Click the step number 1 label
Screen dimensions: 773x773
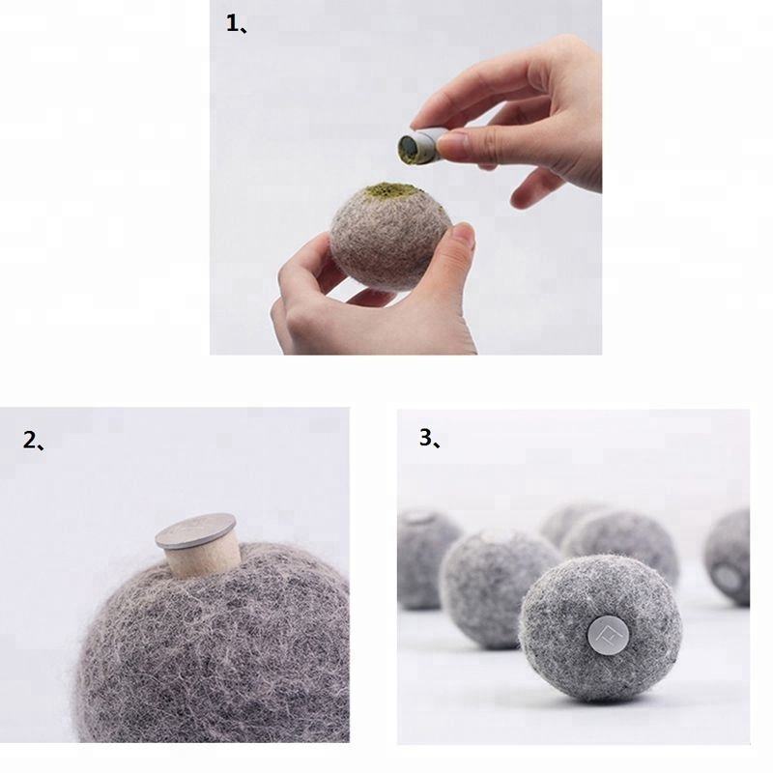coord(236,23)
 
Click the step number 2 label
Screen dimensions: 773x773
coord(33,440)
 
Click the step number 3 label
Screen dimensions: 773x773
coord(429,438)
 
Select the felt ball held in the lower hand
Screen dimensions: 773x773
coord(389,237)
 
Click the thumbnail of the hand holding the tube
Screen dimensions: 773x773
coord(452,142)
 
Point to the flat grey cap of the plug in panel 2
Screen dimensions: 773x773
coord(196,530)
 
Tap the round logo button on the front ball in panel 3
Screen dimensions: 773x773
coord(608,635)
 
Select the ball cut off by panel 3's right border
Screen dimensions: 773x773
coord(728,558)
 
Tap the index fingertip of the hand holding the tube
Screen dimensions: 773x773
coord(419,118)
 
